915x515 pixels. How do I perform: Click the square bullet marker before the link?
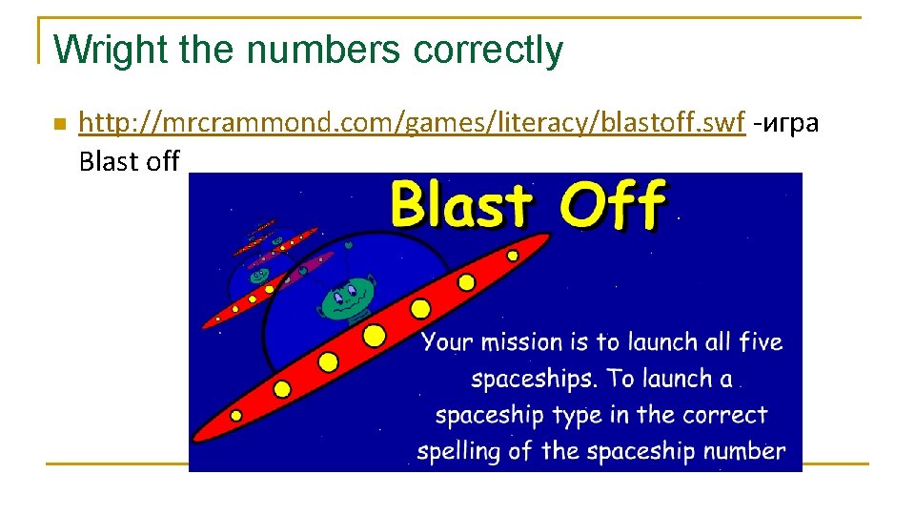58,124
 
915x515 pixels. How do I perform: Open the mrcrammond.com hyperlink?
411,123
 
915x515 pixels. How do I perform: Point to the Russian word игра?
790,123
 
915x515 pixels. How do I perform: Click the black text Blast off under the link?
130,161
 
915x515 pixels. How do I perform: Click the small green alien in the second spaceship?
258,276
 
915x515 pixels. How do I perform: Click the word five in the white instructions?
760,341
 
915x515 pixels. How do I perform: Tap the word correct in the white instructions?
724,416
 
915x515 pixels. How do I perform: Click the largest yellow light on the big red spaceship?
375,335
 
